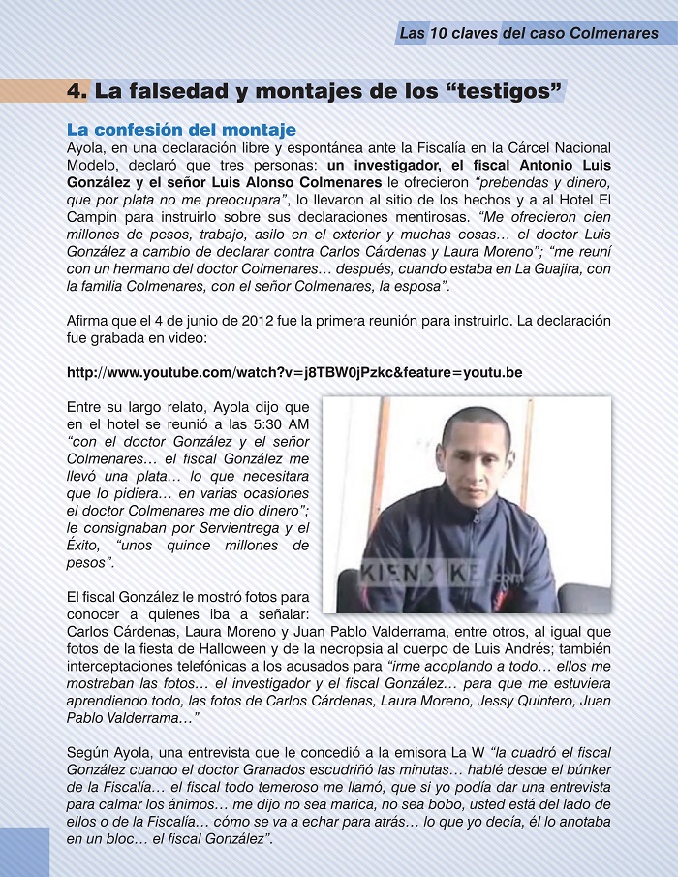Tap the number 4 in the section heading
pos(77,92)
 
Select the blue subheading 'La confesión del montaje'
pos(181,129)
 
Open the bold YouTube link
pos(294,372)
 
